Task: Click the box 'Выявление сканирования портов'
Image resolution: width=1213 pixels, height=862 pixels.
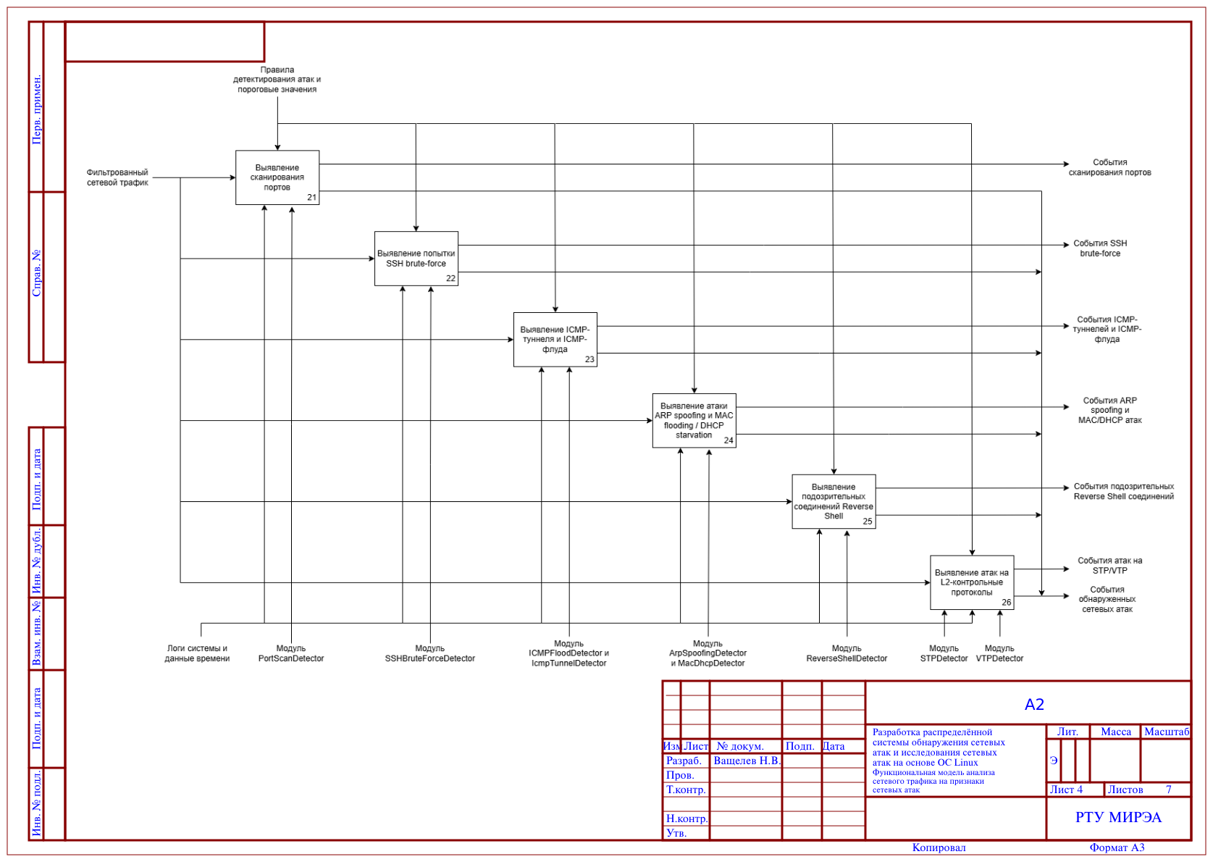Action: (277, 177)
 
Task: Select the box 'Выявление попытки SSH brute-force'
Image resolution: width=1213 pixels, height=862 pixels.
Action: (416, 259)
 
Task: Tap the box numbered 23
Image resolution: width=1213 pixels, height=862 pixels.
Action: (555, 340)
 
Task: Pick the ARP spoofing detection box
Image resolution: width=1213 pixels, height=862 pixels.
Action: (694, 421)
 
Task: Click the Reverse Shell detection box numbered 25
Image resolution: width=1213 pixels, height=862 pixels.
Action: (834, 502)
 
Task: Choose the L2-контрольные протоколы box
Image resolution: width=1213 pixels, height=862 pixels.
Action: (973, 583)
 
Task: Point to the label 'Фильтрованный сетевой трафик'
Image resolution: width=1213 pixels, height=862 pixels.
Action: (117, 177)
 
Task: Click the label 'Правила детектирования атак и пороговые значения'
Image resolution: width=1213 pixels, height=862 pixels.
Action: (277, 80)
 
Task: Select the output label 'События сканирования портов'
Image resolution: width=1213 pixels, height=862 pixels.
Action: (1110, 167)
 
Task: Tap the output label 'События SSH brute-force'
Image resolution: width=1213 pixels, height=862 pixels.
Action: (1101, 248)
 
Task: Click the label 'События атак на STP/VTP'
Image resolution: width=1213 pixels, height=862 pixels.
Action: (1111, 566)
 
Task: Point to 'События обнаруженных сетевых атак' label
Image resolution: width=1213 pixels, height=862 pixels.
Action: (1108, 600)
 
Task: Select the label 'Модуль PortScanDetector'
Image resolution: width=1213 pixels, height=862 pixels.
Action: (291, 654)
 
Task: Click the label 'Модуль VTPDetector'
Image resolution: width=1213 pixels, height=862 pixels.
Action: (1000, 654)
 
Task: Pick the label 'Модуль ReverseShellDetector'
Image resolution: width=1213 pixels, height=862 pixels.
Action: (847, 654)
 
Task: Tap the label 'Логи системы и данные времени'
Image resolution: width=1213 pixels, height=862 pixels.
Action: (197, 654)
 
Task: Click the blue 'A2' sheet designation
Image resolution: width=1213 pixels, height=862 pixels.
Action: (1035, 705)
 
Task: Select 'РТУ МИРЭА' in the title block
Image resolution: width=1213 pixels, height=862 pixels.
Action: (1119, 818)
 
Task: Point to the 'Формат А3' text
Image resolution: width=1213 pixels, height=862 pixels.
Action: (1117, 848)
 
